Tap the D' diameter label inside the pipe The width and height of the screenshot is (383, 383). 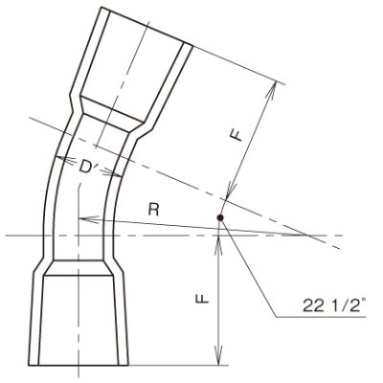click(x=91, y=169)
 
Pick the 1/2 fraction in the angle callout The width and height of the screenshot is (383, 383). click(x=333, y=306)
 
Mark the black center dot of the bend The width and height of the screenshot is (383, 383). click(x=221, y=219)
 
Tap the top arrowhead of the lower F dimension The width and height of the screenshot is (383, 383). click(x=221, y=240)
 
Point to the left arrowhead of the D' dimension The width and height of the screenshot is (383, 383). click(x=58, y=158)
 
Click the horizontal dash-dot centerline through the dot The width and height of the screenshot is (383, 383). click(x=287, y=235)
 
